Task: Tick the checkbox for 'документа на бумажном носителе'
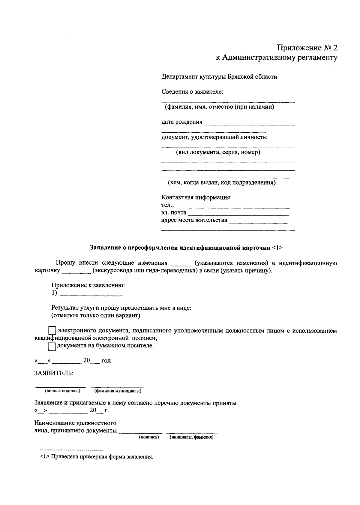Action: (x=52, y=347)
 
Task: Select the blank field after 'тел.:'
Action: (x=232, y=206)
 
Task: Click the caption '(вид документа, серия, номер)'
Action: (x=218, y=152)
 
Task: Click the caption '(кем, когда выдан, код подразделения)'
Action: (x=221, y=182)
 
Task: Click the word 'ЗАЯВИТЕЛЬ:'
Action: (x=54, y=373)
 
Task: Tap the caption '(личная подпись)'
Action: (x=63, y=391)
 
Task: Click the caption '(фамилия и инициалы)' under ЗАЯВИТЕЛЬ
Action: (x=118, y=391)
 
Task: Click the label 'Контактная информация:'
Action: (x=196, y=198)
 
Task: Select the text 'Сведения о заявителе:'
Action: (x=192, y=92)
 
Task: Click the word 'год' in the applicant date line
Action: (x=106, y=361)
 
